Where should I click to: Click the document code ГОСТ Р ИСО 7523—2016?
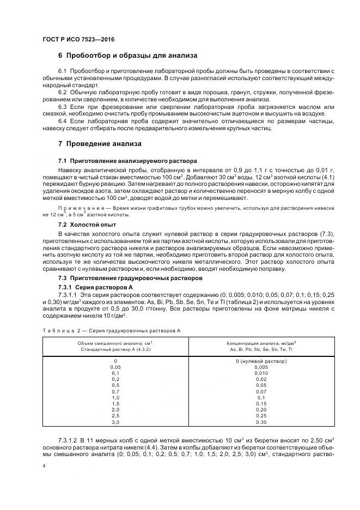(78, 40)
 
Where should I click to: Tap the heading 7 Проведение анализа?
(100, 144)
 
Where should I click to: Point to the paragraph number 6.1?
(62, 72)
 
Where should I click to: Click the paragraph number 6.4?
(62, 120)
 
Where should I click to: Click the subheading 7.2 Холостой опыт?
(87, 224)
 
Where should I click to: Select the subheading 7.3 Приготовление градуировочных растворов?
(130, 278)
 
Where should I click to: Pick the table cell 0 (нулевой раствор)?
(261, 361)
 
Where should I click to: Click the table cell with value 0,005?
(261, 367)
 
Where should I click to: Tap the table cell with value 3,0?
(115, 422)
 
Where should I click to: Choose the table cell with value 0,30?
(261, 422)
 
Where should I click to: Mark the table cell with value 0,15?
(261, 404)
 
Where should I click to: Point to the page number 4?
(44, 466)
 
